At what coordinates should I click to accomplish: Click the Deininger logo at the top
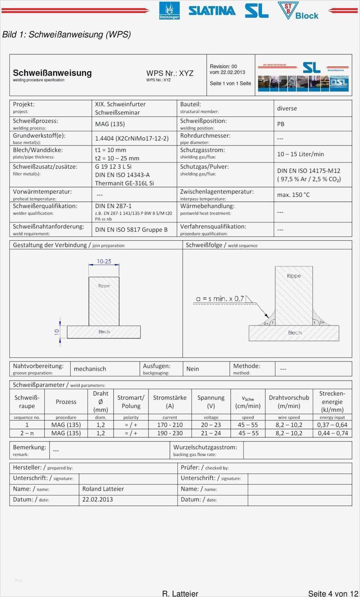[169, 10]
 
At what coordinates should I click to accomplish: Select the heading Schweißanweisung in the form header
[52, 73]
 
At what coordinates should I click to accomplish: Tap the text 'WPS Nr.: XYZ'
[170, 73]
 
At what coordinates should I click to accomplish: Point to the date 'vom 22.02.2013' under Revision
[227, 72]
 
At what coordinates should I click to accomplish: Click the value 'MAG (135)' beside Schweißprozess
[110, 124]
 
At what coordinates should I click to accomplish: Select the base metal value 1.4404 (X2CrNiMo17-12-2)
[132, 138]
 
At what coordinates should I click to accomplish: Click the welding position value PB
[281, 124]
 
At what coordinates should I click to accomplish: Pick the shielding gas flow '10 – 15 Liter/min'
[300, 154]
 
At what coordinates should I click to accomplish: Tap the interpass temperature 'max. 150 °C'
[293, 195]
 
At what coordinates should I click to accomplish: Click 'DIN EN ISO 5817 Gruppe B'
[131, 229]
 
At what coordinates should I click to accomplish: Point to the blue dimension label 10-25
[104, 261]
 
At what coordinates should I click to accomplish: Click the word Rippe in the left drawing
[104, 286]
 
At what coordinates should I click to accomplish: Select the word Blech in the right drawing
[295, 333]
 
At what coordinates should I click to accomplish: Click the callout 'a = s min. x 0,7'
[220, 299]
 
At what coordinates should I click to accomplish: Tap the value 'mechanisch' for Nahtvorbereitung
[90, 369]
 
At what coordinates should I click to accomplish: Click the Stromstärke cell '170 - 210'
[170, 425]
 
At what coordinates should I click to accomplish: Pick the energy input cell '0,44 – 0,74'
[333, 433]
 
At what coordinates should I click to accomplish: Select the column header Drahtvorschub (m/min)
[289, 402]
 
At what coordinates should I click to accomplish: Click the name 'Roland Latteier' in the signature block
[103, 489]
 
